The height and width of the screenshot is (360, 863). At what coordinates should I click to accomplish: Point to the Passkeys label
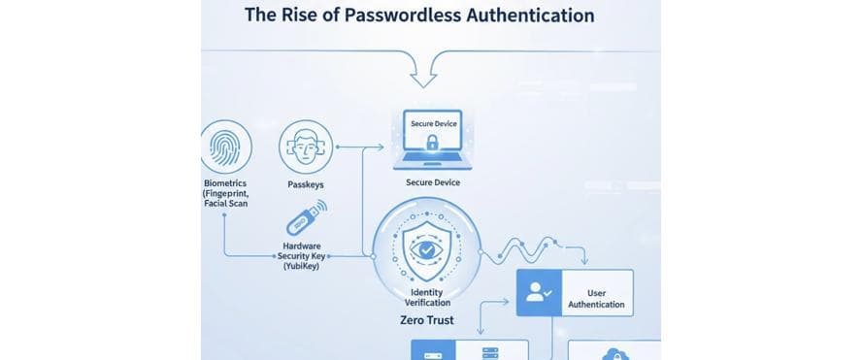point(306,183)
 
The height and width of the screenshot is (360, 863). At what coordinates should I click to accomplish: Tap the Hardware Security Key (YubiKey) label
point(302,255)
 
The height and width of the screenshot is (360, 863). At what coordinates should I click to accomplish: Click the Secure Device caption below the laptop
point(433,182)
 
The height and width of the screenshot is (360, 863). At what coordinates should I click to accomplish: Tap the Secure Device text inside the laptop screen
point(433,124)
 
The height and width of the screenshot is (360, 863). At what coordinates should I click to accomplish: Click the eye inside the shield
point(427,249)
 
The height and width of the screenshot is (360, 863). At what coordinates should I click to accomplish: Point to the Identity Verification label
point(427,297)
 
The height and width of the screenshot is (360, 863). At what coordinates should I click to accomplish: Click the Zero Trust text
point(427,319)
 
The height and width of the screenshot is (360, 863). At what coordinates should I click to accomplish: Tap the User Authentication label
point(596,298)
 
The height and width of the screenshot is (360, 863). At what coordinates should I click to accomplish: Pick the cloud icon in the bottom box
point(614,355)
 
